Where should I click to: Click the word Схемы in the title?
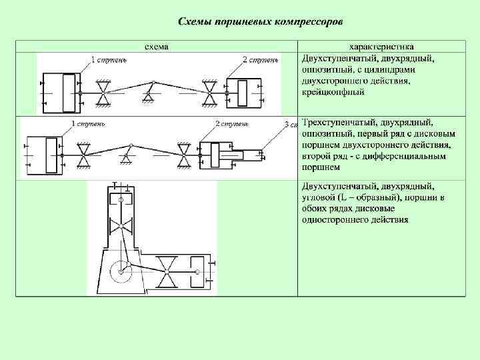(x=194, y=21)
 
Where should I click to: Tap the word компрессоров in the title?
(x=308, y=21)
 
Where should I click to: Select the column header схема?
(x=157, y=47)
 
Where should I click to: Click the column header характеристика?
(x=381, y=47)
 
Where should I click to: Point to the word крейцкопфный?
(x=333, y=92)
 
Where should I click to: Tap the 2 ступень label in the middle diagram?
(x=232, y=124)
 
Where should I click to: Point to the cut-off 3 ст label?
(x=289, y=125)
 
